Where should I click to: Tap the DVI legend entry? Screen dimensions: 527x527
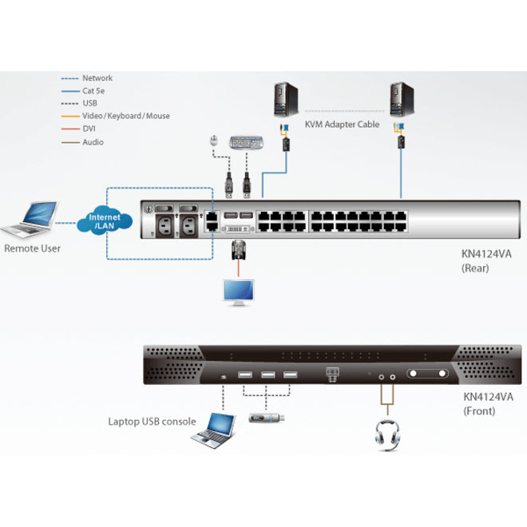tap(89, 129)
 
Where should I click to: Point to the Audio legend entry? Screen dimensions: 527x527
tap(93, 142)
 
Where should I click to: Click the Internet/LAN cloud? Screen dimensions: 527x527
tap(105, 222)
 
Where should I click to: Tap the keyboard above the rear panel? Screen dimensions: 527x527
tap(245, 144)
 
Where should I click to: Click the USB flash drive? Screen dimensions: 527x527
tap(264, 417)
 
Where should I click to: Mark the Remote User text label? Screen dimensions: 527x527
tap(32, 248)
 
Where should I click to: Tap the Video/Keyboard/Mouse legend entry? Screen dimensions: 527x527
tap(126, 116)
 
